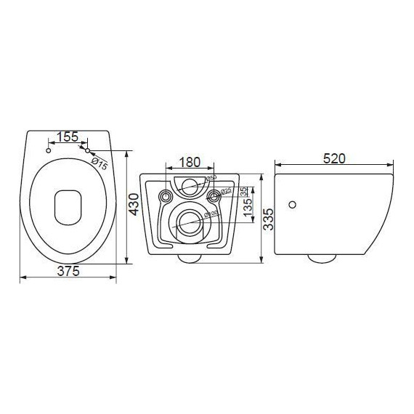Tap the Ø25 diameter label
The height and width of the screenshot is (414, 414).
coord(226,191)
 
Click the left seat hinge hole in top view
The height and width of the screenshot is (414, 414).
coord(48,151)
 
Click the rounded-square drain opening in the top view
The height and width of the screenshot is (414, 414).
coord(68,206)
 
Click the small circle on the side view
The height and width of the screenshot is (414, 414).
coord(293,205)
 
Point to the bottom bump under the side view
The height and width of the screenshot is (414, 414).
coord(320,258)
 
